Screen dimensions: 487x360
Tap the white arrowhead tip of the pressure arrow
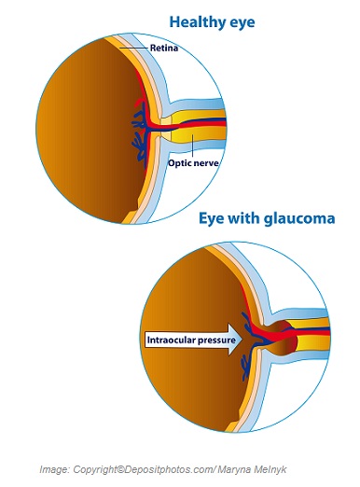(x=241, y=341)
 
